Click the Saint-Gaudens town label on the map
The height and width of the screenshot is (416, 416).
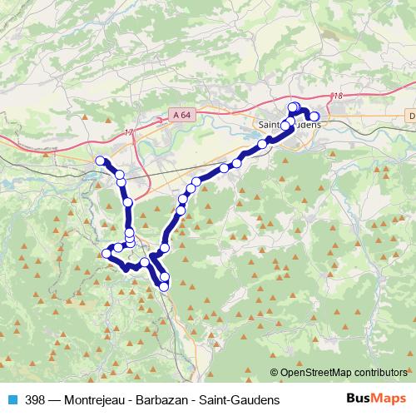tap(289, 124)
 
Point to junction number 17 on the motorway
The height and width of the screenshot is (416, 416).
tap(128, 133)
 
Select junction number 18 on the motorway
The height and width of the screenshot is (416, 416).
tap(337, 97)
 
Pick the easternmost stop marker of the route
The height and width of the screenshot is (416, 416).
tap(314, 116)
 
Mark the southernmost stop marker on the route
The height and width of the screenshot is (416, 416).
tap(164, 286)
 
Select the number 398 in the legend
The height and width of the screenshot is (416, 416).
tap(36, 399)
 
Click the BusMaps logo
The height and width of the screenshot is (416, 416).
tap(375, 399)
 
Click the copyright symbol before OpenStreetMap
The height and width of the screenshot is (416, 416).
tap(275, 372)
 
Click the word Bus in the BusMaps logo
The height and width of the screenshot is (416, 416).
tap(359, 399)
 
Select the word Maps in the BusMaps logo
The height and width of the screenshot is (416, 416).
tap(389, 399)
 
